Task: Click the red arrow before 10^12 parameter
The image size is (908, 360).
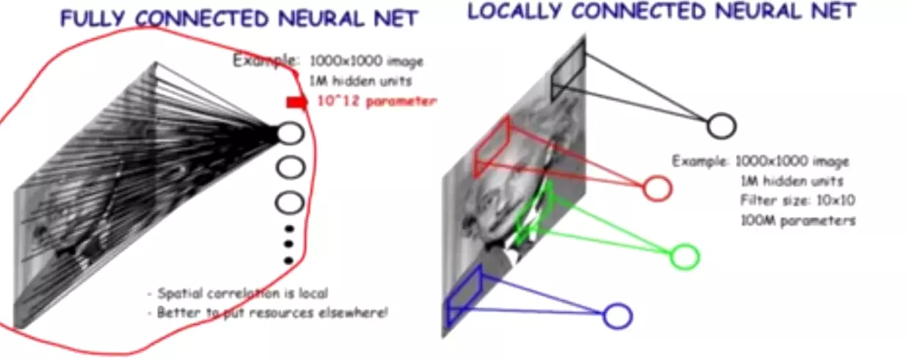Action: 296,102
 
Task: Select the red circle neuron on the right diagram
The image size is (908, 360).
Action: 657,188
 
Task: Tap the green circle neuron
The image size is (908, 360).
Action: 684,257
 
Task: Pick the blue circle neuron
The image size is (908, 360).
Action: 617,316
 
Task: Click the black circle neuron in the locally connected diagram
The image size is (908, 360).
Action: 721,126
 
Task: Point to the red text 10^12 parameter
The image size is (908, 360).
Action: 376,101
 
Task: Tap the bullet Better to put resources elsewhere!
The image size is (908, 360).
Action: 272,313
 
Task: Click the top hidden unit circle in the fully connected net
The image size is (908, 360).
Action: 290,133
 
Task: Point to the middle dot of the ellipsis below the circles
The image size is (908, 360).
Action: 288,244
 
